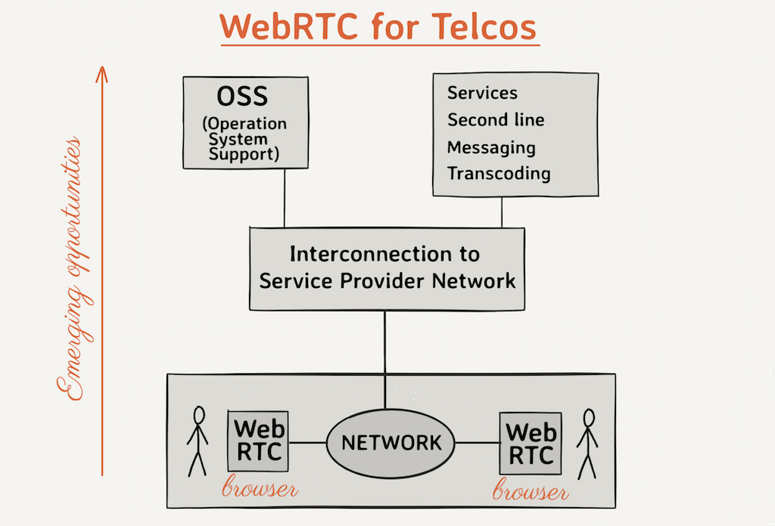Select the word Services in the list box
click(482, 93)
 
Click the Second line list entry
click(496, 120)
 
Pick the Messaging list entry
click(491, 147)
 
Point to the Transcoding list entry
click(499, 174)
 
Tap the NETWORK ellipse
click(391, 442)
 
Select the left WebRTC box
click(258, 441)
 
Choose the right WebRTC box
click(530, 444)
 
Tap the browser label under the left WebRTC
click(260, 488)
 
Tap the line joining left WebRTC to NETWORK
click(307, 442)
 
